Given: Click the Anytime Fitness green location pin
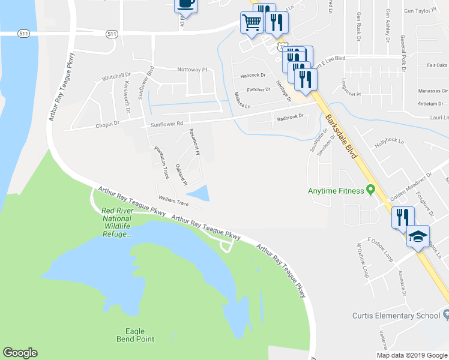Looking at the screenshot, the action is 371,190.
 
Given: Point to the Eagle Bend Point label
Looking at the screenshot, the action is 139,335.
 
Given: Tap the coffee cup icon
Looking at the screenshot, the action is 185,4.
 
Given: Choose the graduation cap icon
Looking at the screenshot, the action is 418,236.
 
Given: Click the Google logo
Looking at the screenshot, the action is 20,353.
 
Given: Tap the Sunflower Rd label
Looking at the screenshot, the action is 166,124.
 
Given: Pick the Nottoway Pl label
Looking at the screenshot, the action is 191,70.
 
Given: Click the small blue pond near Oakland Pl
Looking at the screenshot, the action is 199,193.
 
